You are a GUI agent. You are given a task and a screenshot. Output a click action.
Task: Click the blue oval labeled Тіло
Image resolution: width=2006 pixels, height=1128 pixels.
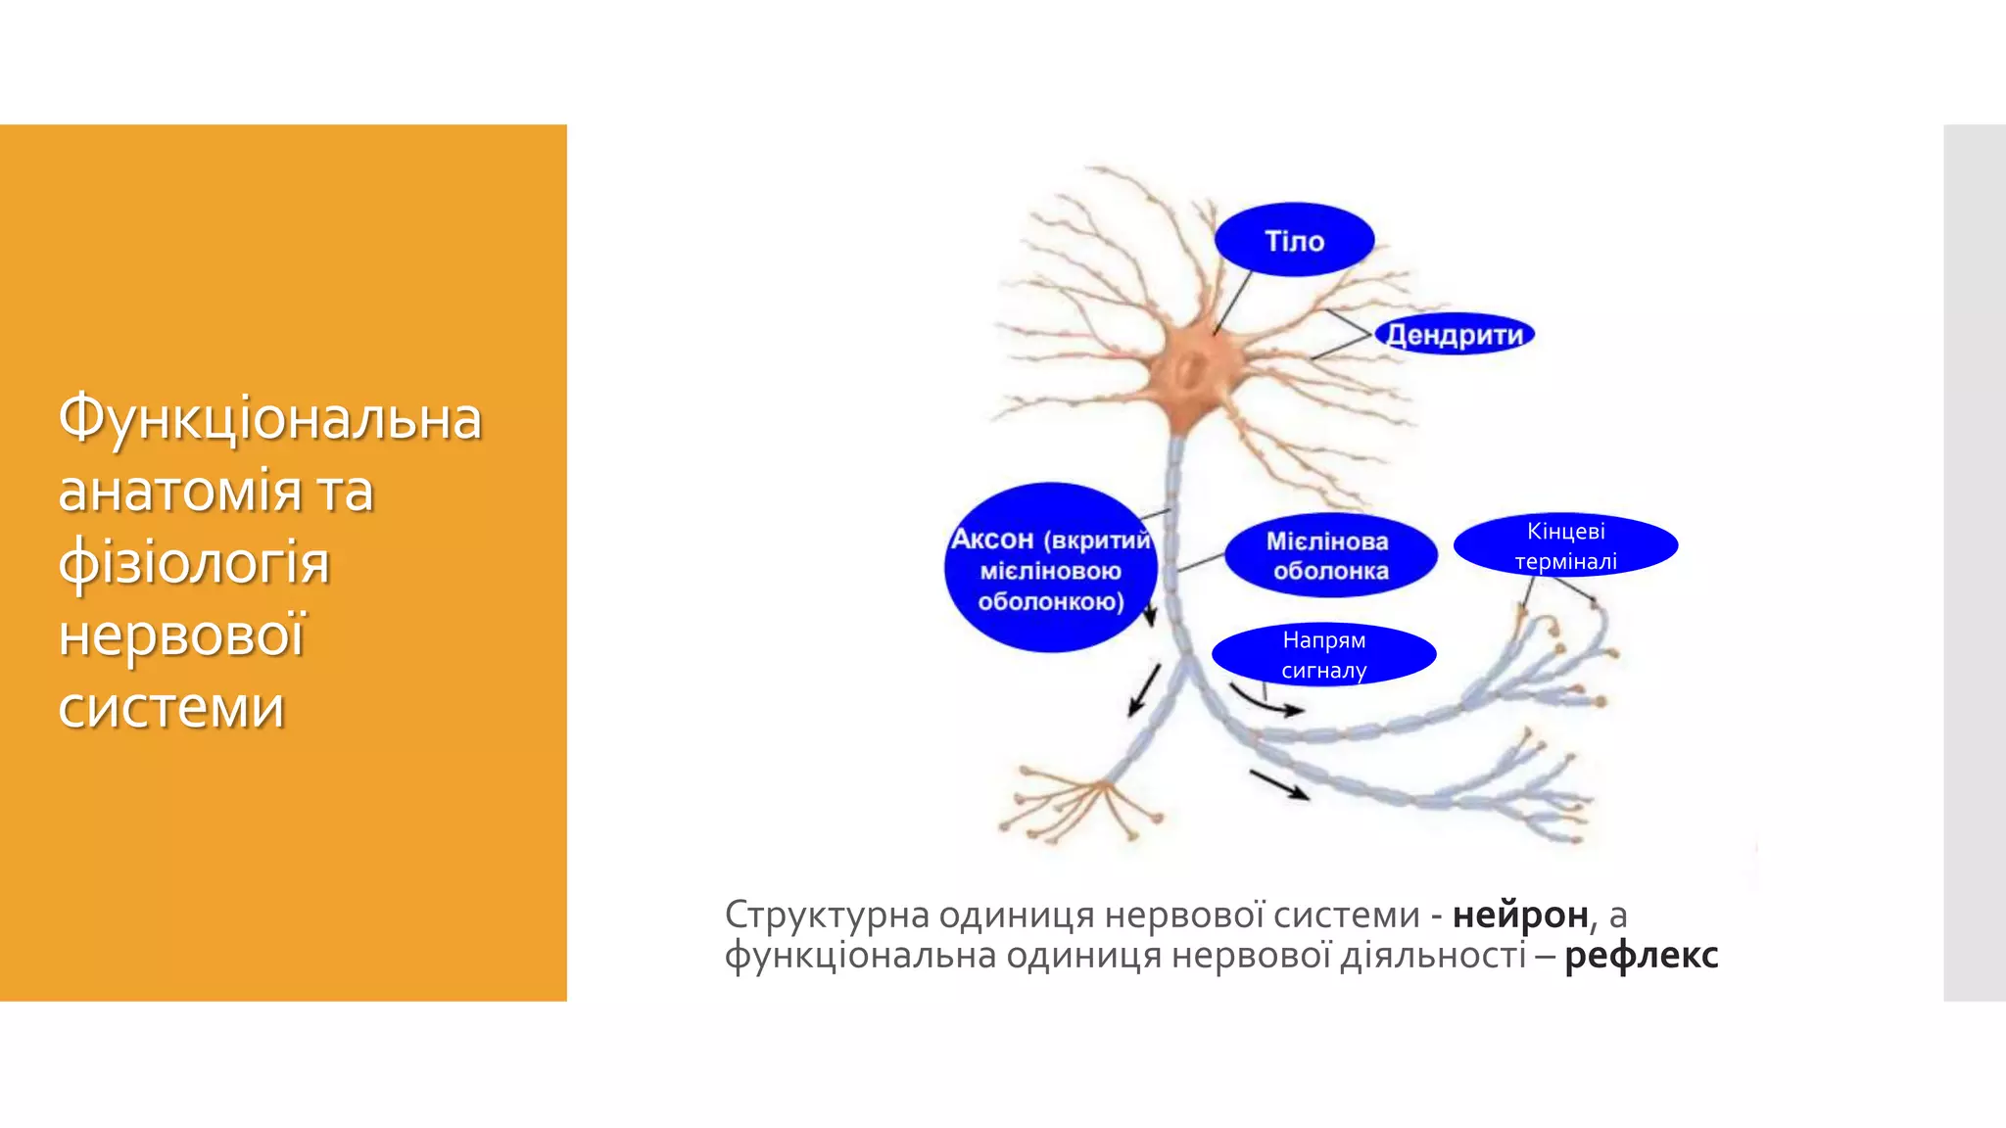(1294, 240)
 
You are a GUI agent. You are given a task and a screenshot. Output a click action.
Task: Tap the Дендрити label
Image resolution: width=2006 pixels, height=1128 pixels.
(1455, 335)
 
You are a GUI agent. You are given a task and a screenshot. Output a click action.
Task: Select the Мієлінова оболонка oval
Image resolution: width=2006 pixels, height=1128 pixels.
(1330, 555)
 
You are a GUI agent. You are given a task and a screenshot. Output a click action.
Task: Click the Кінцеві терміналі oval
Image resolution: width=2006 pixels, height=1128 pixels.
(1565, 545)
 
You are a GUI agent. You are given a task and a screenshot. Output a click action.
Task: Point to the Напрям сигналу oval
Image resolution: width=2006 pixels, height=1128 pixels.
(1323, 654)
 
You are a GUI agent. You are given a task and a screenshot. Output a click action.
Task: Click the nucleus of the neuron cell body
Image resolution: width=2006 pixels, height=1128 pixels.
(1191, 370)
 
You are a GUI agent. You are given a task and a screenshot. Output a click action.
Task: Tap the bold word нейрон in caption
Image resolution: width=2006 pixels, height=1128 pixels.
(1519, 915)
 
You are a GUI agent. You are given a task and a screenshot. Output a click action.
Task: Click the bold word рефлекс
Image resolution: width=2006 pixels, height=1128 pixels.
(1641, 955)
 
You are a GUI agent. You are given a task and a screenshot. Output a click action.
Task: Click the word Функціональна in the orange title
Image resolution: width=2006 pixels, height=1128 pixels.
(270, 418)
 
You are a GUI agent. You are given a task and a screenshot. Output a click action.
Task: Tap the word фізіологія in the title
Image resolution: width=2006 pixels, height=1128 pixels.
(194, 563)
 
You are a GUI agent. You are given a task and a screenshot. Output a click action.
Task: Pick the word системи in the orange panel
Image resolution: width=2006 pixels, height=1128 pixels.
(171, 707)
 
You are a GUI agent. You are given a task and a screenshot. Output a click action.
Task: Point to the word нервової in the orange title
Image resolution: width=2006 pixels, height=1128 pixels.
(182, 634)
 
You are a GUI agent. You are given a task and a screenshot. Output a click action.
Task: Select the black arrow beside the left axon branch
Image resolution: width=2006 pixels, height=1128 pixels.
(1144, 689)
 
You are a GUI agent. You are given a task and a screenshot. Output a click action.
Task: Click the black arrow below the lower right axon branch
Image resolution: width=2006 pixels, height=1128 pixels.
(1279, 784)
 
